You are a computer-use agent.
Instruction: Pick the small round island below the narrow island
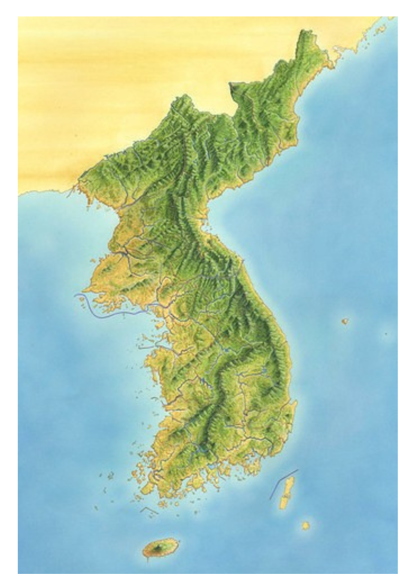(x=305, y=526)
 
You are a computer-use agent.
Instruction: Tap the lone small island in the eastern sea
(x=345, y=321)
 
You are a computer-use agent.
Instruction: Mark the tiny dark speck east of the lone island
(x=386, y=334)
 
